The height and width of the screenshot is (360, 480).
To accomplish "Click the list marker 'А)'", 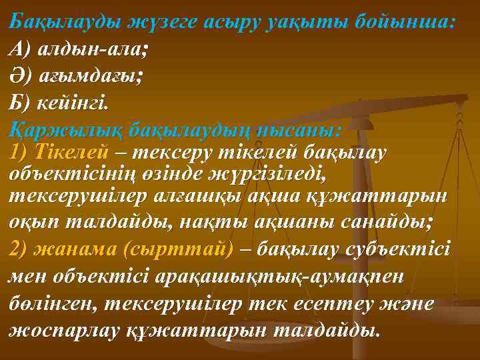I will [x=21, y=48].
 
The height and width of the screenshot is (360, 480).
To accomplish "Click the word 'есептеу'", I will [x=338, y=303].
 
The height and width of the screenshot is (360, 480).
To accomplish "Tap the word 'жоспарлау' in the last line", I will [x=63, y=330].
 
